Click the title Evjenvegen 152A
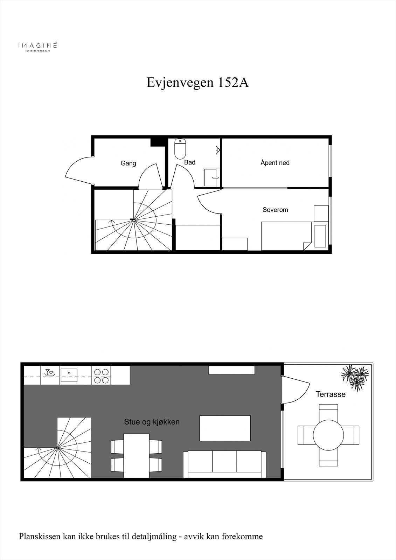click(x=197, y=83)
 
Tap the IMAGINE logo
click(x=37, y=46)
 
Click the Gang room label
click(x=128, y=163)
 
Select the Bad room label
click(x=190, y=162)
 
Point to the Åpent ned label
click(x=275, y=163)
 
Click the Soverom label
click(x=275, y=210)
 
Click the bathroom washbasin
click(x=211, y=177)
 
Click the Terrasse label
click(x=331, y=394)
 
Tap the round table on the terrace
click(x=328, y=435)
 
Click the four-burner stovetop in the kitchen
click(x=101, y=376)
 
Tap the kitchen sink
click(x=69, y=375)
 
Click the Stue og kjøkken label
click(x=152, y=422)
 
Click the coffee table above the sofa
click(x=225, y=428)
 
